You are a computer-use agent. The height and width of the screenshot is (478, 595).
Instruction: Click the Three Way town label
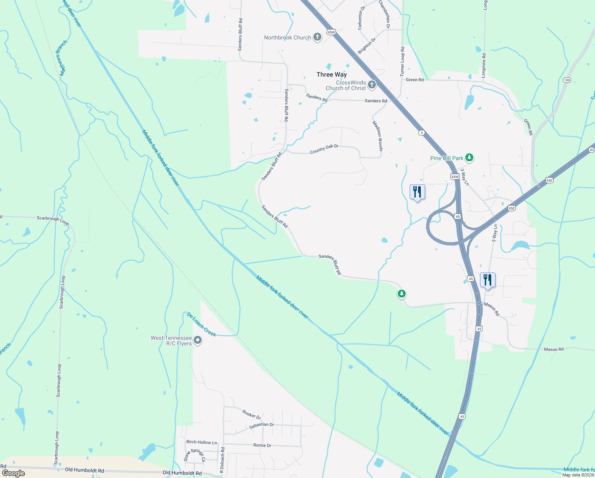(331, 74)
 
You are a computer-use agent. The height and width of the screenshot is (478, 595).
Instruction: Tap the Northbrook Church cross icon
(317, 37)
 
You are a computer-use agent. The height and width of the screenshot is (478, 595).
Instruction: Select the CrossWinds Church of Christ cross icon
(371, 85)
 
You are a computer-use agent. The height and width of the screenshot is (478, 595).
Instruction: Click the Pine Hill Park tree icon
(469, 158)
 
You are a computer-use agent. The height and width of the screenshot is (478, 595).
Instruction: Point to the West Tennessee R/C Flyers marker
(198, 341)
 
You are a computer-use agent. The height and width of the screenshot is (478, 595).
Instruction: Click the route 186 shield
(567, 80)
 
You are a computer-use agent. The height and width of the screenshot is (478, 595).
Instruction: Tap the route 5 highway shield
(422, 132)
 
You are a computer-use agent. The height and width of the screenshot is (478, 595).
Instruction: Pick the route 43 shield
(591, 150)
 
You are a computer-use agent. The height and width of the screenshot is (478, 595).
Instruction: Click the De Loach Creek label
(201, 324)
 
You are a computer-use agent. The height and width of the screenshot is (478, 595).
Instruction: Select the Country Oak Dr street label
(324, 149)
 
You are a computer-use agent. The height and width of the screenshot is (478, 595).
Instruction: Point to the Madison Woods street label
(377, 136)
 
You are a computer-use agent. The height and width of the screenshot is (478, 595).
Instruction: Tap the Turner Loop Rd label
(402, 61)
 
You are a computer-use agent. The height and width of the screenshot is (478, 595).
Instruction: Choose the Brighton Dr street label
(366, 46)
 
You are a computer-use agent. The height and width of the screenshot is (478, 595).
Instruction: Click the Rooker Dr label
(251, 415)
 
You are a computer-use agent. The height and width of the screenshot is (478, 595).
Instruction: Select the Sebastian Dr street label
(261, 425)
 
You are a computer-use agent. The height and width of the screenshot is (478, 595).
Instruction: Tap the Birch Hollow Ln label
(202, 442)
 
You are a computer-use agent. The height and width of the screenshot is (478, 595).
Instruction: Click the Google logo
(14, 473)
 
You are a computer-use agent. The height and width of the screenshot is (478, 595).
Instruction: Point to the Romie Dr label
(262, 445)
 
